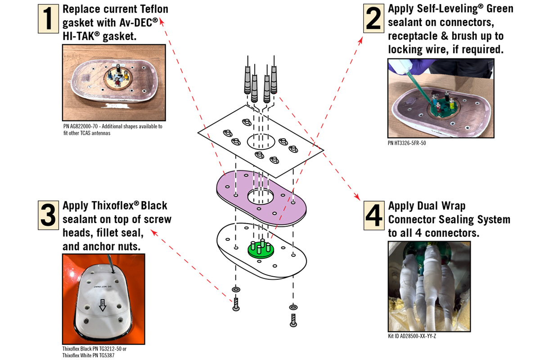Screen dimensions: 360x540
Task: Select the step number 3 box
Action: (47, 215)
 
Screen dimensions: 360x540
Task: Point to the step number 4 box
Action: (373, 215)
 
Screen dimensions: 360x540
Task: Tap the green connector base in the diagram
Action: (261, 250)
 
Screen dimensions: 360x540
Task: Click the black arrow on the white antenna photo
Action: (102, 306)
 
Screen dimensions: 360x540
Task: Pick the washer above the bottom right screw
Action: (292, 307)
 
